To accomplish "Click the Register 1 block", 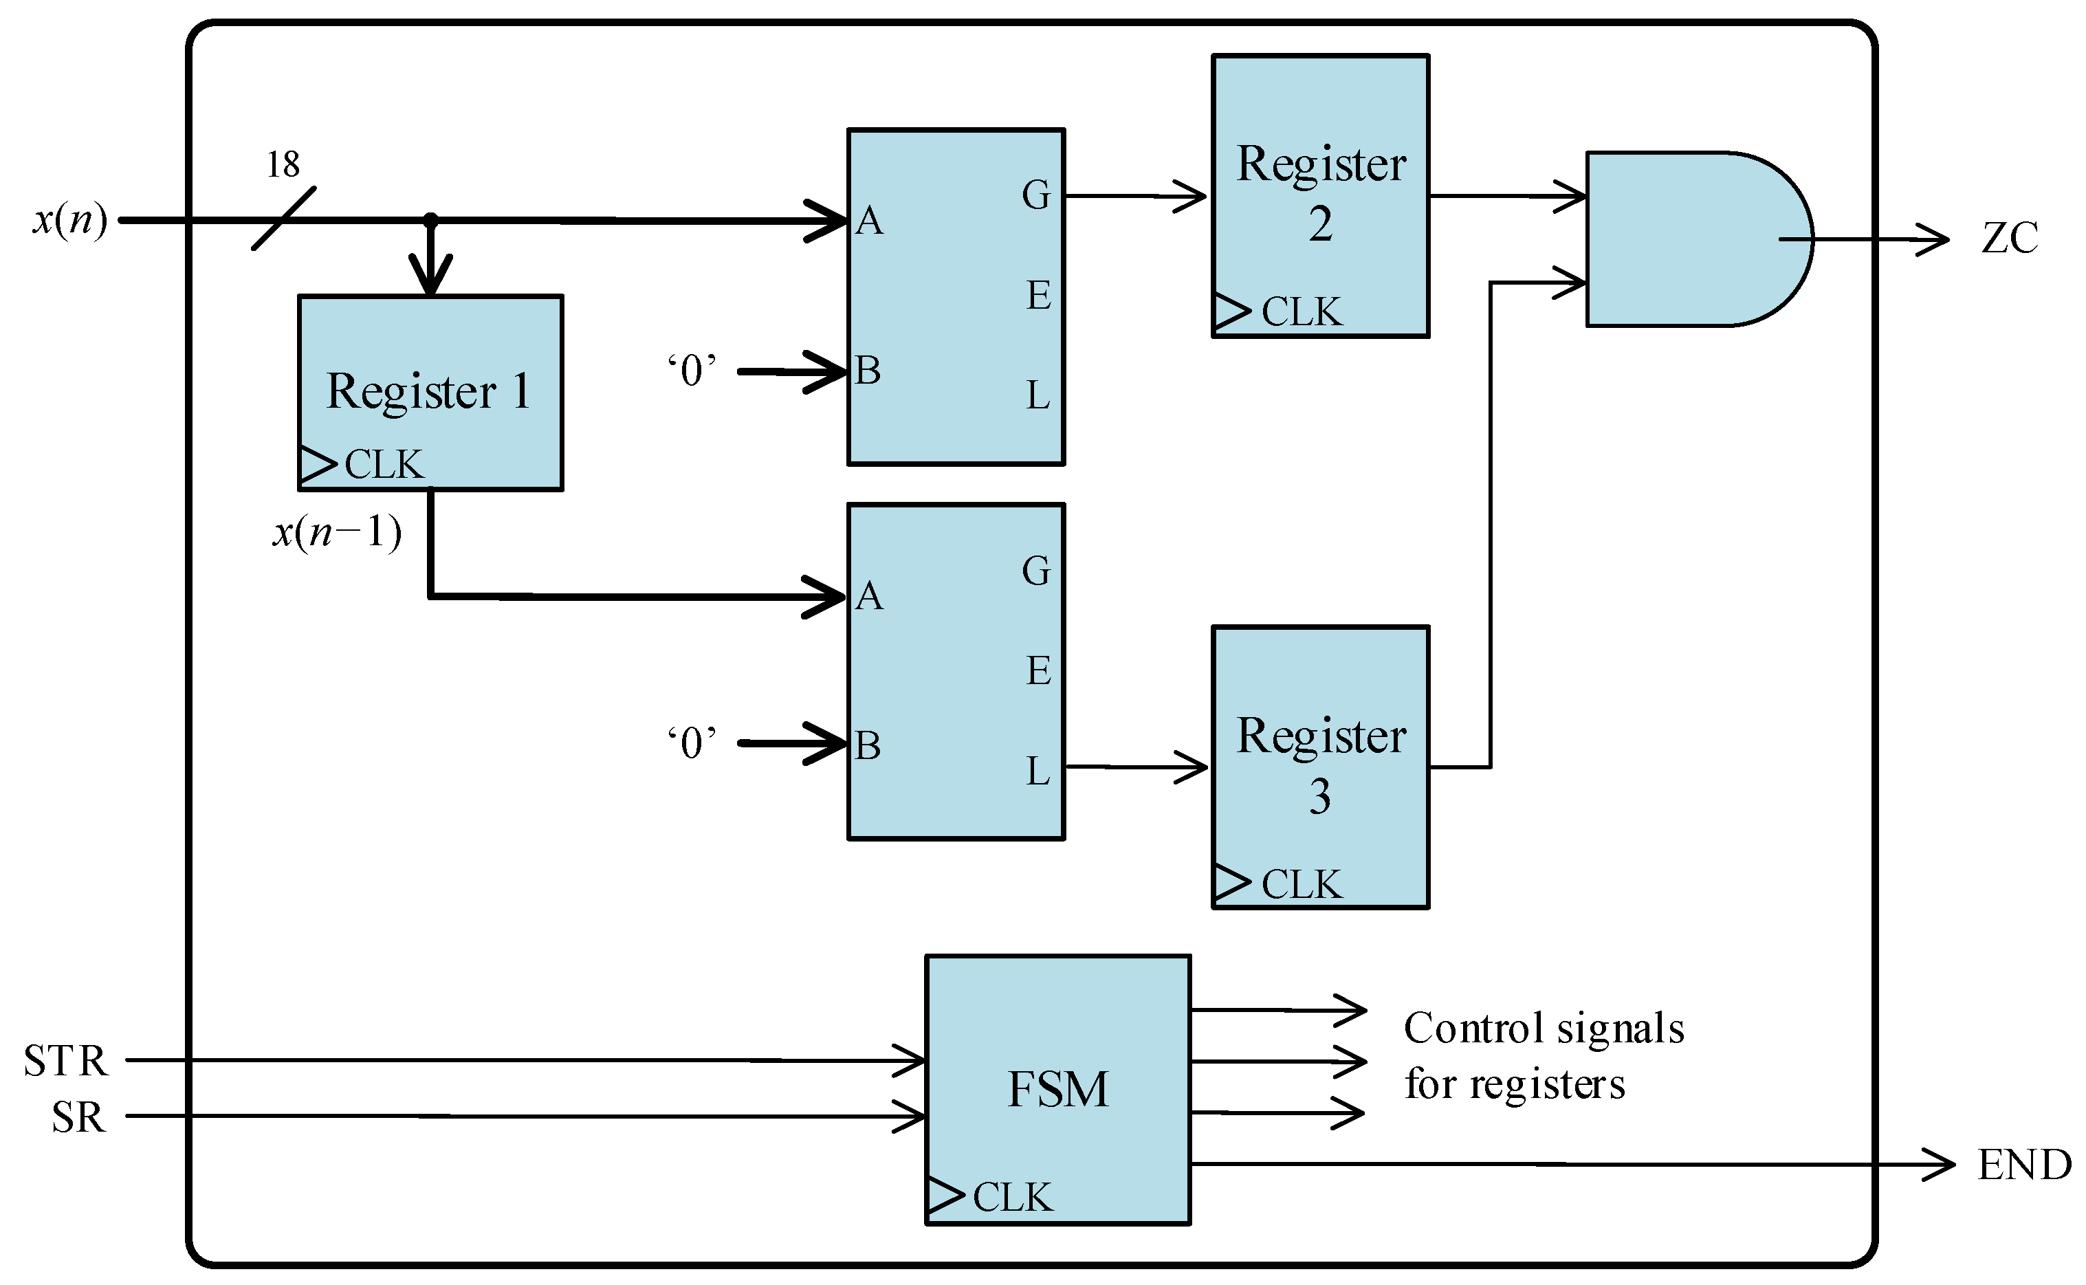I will click(x=430, y=393).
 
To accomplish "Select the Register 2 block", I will click(x=1319, y=195).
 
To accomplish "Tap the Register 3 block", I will click(x=1319, y=767).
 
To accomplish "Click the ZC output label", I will click(x=2010, y=238).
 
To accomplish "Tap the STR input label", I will click(x=66, y=1061).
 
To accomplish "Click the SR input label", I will click(x=78, y=1117).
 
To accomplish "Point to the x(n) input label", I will click(x=69, y=220).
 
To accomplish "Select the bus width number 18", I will click(x=283, y=164).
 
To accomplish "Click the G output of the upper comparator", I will click(x=1035, y=195).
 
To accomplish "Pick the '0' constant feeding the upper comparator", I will click(x=692, y=371).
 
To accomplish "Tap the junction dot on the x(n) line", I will click(x=431, y=220).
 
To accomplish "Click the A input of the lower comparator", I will click(x=868, y=597).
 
